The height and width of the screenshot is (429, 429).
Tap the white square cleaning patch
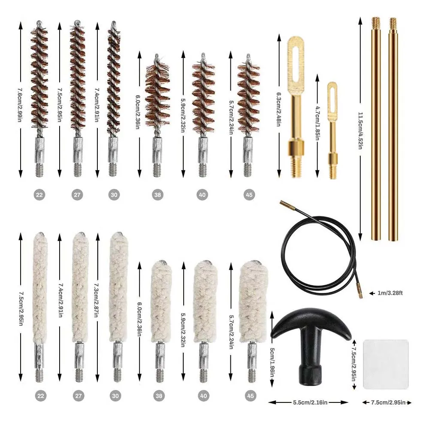(386, 364)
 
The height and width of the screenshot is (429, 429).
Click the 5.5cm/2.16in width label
(308, 402)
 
